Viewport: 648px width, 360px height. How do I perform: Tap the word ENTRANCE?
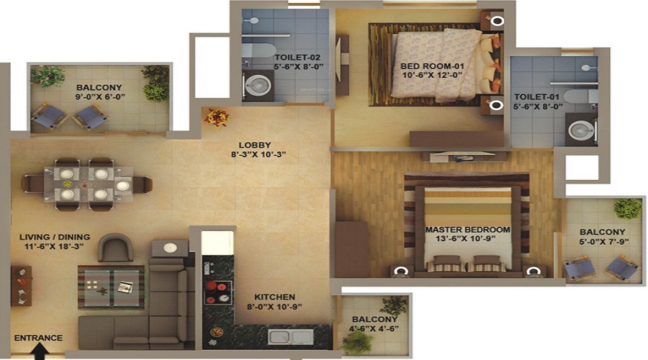(38, 338)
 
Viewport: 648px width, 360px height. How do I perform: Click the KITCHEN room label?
(274, 297)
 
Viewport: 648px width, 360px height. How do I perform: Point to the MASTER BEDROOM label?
(467, 230)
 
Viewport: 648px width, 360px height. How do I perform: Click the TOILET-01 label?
(535, 97)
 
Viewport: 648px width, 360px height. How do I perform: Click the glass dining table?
(88, 182)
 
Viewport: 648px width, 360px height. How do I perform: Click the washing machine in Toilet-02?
(256, 86)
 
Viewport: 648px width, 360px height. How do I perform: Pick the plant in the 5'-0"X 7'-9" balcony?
(626, 210)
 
